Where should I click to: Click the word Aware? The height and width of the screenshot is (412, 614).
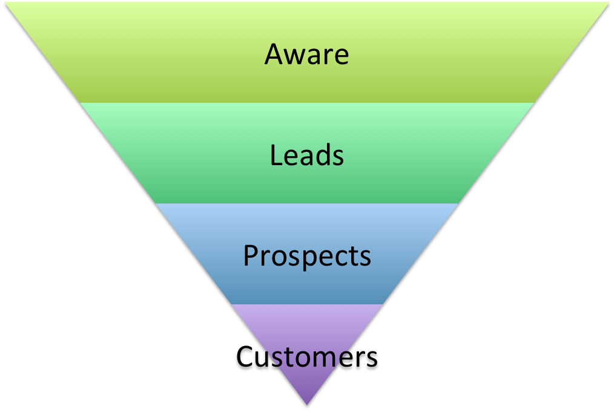[306, 54]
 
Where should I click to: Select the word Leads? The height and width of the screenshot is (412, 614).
[306, 155]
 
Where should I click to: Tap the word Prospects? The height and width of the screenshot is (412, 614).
[307, 257]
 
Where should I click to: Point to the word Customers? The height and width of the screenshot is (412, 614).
[307, 356]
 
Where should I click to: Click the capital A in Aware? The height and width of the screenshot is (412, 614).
[274, 54]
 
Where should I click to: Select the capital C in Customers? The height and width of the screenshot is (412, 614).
[245, 356]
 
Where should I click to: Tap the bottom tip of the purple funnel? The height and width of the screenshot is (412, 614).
[307, 405]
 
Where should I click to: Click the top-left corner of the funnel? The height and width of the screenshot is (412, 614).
[5, 2]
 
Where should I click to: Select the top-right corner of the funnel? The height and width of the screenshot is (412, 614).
[609, 2]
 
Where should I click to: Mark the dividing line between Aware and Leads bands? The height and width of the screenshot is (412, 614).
[307, 102]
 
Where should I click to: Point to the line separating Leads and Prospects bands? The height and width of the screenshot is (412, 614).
[307, 203]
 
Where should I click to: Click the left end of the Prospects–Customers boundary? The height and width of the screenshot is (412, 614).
[231, 304]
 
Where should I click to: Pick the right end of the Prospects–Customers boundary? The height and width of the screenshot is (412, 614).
[383, 304]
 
